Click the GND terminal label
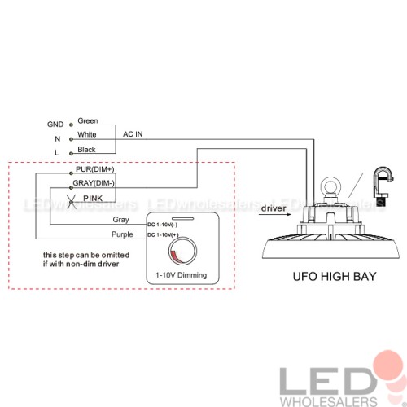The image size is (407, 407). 55,125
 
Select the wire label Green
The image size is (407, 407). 88,120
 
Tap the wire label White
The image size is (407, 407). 87,134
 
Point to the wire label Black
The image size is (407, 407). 86,150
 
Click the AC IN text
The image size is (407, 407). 133,134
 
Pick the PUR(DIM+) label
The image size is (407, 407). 94,169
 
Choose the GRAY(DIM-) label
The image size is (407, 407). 94,183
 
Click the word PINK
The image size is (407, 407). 93,199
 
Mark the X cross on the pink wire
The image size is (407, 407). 72,202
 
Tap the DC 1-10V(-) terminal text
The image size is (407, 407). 163,225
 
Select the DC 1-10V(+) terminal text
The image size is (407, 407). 163,234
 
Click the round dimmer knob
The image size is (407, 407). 182,251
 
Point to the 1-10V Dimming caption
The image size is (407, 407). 181,275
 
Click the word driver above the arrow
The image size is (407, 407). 274,208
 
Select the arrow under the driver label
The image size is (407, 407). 274,214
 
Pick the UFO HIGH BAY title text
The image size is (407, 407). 335,277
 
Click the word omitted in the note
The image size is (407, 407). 116,255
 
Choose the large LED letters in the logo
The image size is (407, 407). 328,381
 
